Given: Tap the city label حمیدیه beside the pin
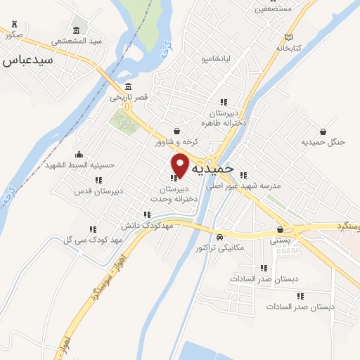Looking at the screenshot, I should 217,170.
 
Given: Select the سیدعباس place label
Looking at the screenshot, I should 29,61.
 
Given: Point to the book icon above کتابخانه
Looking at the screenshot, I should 288,37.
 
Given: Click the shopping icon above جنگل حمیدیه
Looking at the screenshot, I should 323,131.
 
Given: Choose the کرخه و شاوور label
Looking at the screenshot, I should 177,141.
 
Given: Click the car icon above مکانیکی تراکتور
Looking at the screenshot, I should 220,237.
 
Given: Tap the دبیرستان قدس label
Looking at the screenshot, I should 99,191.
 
